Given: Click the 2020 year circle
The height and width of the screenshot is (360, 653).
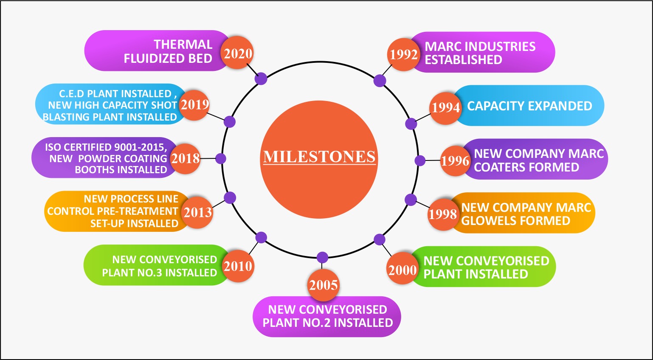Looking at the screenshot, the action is (x=237, y=53).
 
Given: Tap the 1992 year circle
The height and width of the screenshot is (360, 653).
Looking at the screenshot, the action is (x=404, y=54).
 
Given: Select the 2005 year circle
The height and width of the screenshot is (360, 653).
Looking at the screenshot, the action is (x=323, y=285).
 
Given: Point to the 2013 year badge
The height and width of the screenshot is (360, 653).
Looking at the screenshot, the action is (x=197, y=213).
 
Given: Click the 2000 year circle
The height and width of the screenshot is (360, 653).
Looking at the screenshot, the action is (x=402, y=269).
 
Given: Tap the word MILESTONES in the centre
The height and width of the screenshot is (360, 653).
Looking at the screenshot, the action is (x=319, y=157).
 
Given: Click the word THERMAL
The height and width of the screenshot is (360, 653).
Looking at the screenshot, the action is (x=183, y=45).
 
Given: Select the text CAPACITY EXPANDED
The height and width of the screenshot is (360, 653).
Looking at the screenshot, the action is (x=529, y=106).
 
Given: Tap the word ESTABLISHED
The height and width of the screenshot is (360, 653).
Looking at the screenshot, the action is (x=464, y=59).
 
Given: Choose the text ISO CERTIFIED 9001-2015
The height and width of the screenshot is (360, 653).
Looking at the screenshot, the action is (x=106, y=147).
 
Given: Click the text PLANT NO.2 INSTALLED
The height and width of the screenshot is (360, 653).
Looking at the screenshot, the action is (x=328, y=323).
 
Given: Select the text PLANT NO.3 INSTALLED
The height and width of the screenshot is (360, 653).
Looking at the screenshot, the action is (x=160, y=273).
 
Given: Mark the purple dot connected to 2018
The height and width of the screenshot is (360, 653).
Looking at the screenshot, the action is (x=221, y=159).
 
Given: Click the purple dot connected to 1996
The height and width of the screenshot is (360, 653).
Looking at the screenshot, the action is (x=420, y=160).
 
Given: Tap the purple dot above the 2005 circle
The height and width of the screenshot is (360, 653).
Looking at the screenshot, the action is (x=322, y=257).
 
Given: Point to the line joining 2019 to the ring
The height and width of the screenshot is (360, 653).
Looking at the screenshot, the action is (x=216, y=116).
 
